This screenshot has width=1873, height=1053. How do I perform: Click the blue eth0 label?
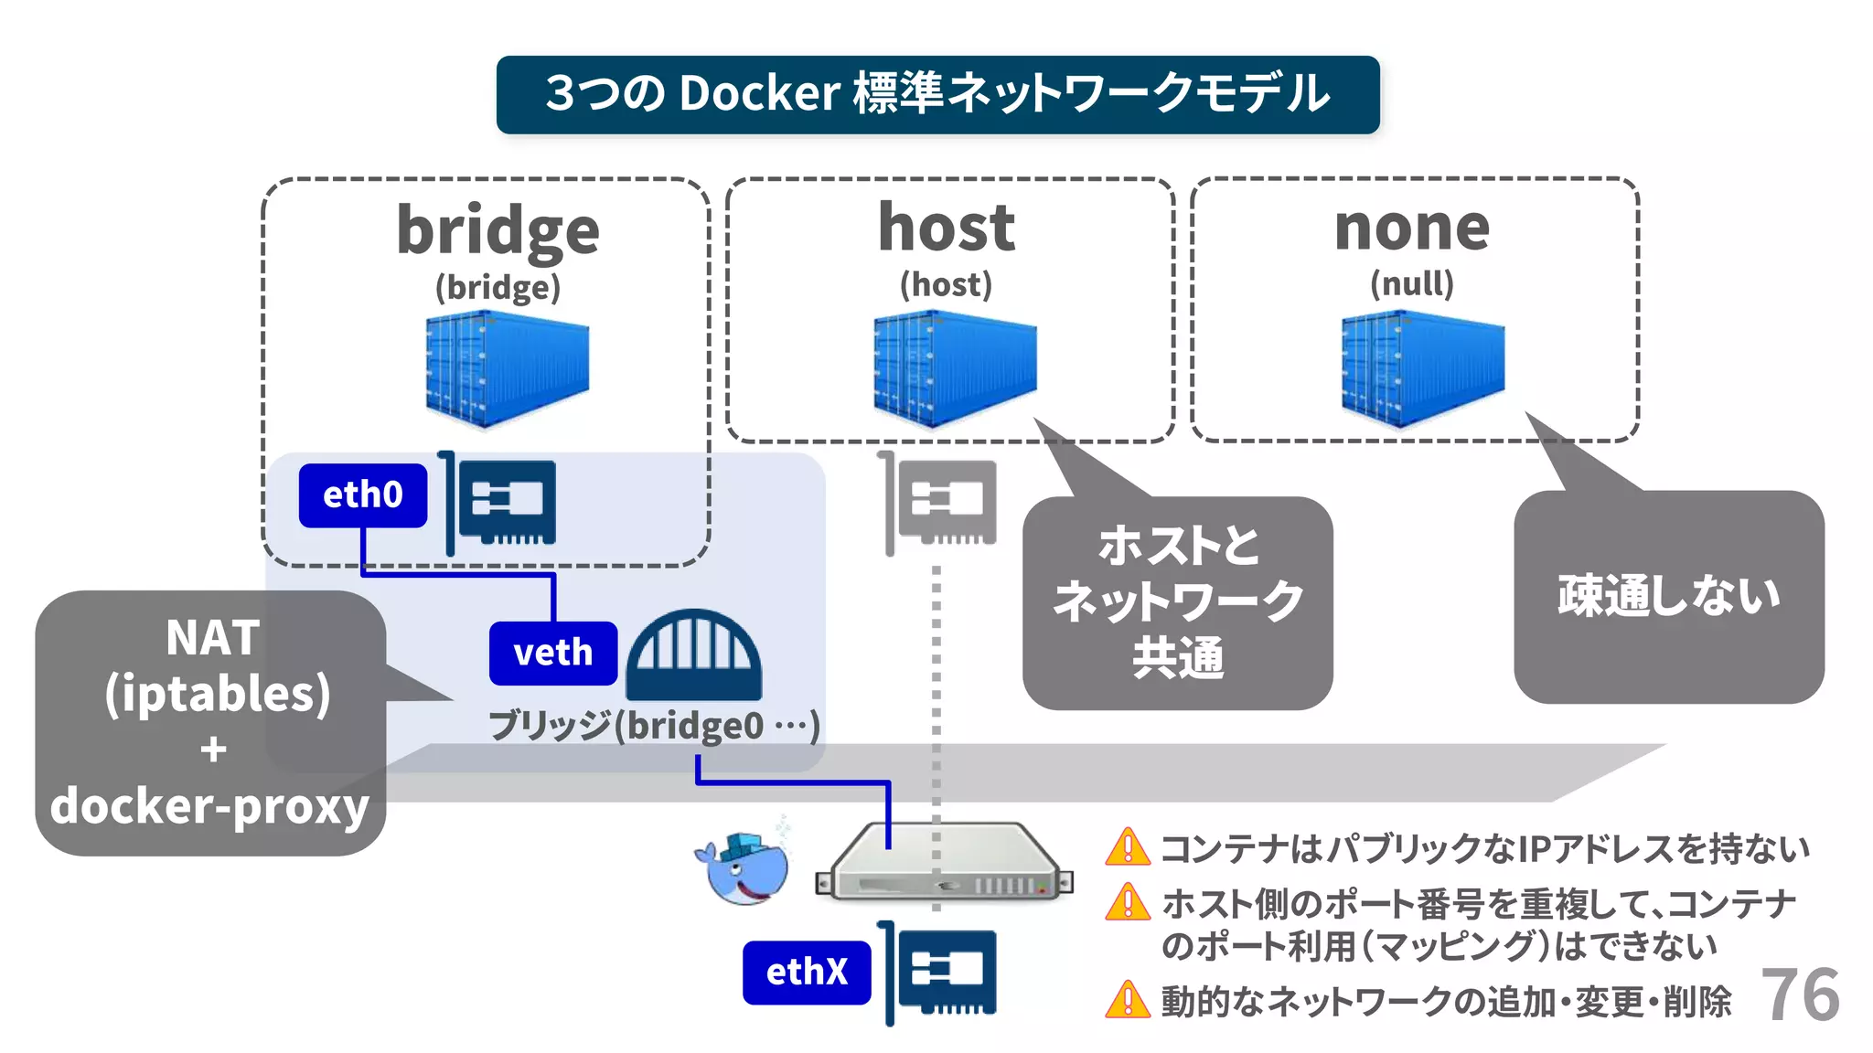pyautogui.click(x=363, y=495)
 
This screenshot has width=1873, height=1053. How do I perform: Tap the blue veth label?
pyautogui.click(x=552, y=654)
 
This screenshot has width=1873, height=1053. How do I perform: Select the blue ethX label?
pyautogui.click(x=807, y=972)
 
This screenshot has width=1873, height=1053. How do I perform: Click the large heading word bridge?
pyautogui.click(x=498, y=230)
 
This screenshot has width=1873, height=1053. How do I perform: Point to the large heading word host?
pyautogui.click(x=947, y=228)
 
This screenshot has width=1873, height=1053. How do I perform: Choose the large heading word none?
pyautogui.click(x=1412, y=228)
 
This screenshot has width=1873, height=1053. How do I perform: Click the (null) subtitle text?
pyautogui.click(x=1411, y=283)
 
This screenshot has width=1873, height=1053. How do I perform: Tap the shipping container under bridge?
pyautogui.click(x=508, y=369)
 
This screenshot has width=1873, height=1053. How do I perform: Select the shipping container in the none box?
pyautogui.click(x=1423, y=369)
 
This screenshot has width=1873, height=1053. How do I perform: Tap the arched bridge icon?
pyautogui.click(x=694, y=654)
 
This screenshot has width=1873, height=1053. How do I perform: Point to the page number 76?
pyautogui.click(x=1800, y=994)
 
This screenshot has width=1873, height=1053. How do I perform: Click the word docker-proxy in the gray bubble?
pyautogui.click(x=209, y=806)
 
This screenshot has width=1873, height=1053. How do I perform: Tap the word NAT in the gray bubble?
pyautogui.click(x=213, y=638)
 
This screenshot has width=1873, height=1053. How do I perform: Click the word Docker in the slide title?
pyautogui.click(x=759, y=93)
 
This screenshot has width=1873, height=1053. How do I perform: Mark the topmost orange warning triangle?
pyautogui.click(x=1128, y=846)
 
